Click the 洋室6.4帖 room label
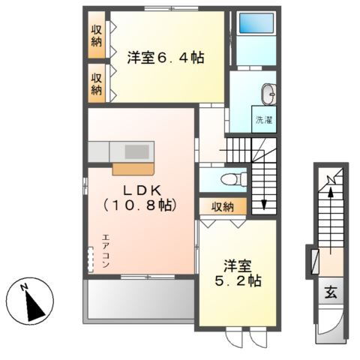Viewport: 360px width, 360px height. (166, 57)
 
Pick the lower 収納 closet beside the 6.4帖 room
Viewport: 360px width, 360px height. (97, 82)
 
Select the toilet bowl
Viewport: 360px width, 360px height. (233, 178)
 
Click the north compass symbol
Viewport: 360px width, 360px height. (29, 302)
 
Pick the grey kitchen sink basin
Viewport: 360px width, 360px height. (137, 151)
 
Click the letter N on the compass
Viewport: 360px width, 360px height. (24, 288)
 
